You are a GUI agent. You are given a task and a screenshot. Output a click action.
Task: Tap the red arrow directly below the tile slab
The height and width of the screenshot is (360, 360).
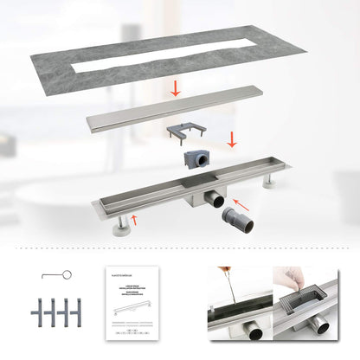(x=177, y=87)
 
